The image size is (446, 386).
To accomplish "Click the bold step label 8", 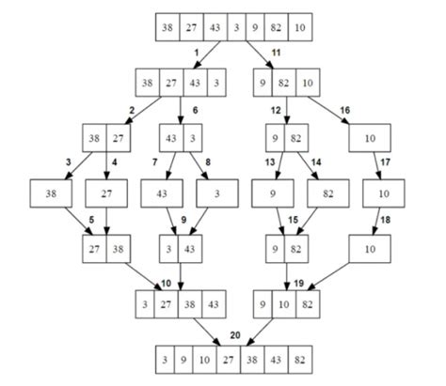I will (x=208, y=162).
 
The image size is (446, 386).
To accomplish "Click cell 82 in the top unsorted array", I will (x=276, y=27).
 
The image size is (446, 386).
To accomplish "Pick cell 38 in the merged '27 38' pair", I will (x=118, y=250).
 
